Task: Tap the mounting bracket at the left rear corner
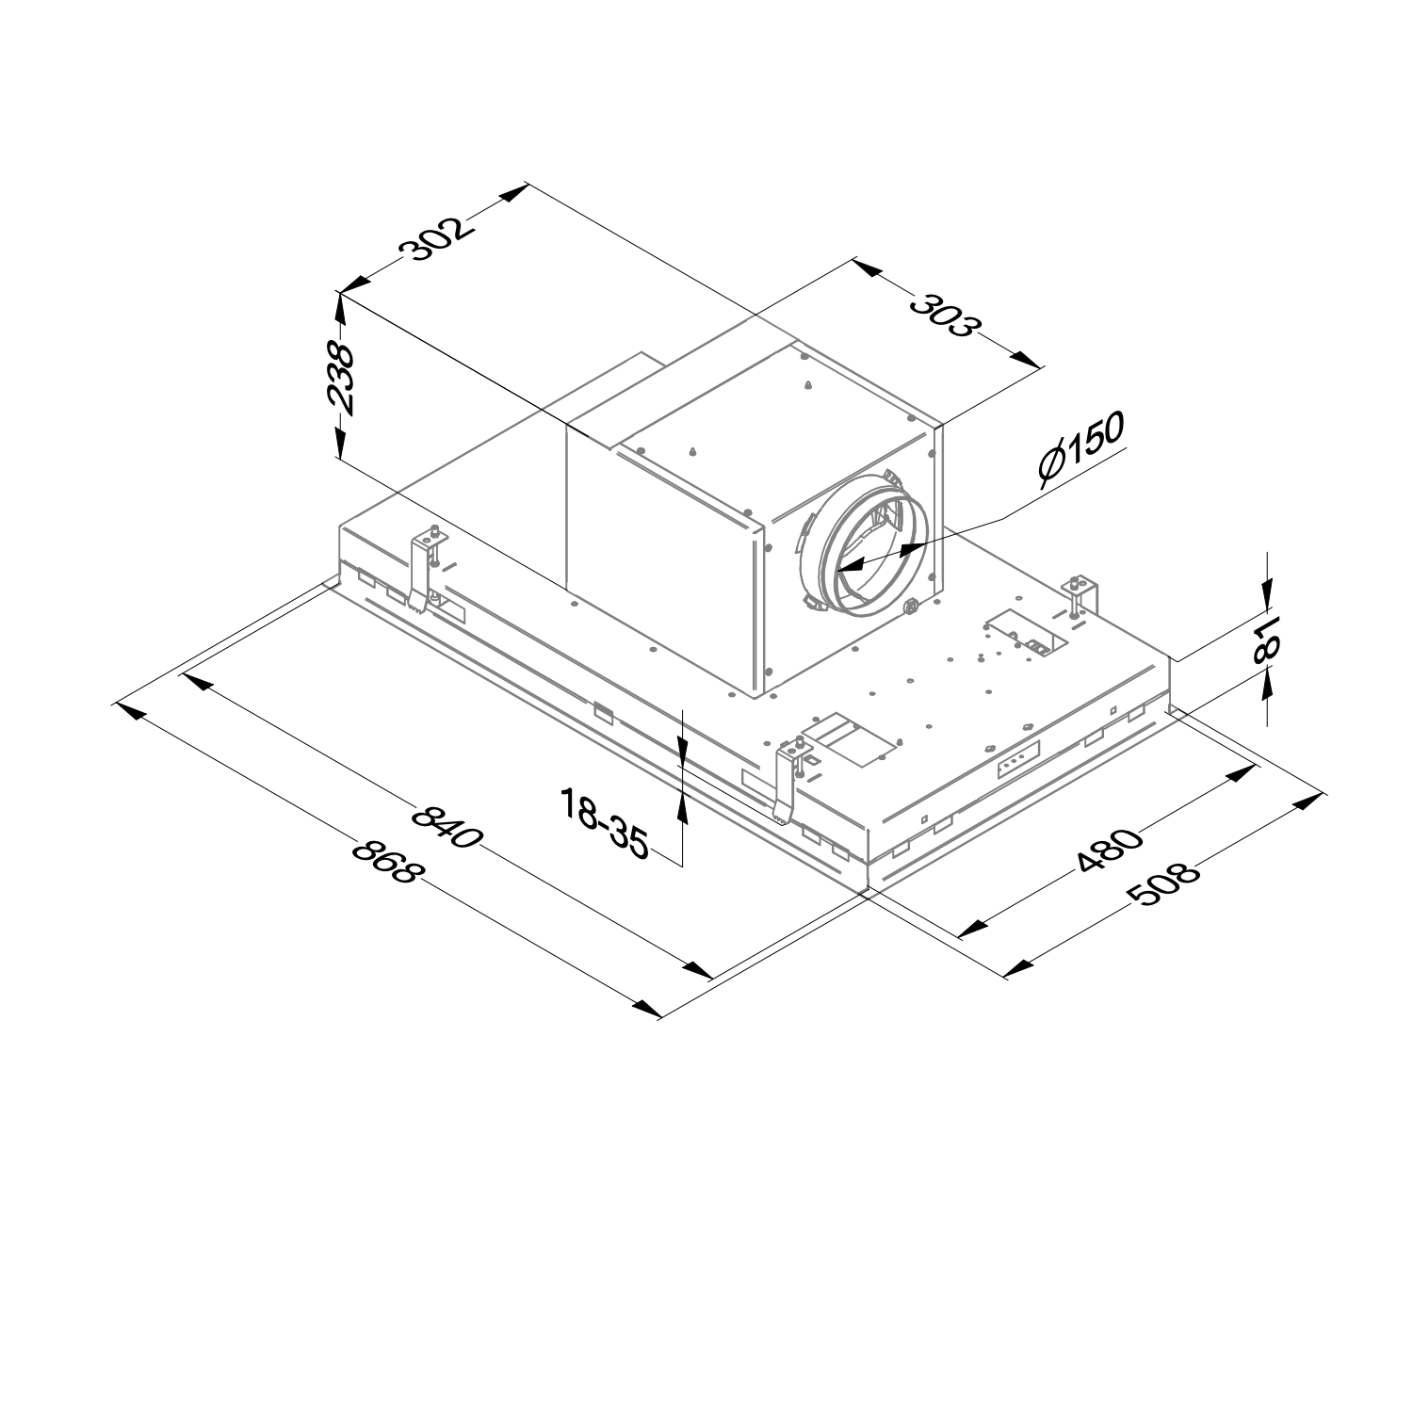point(426,569)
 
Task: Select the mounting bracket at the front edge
point(789,779)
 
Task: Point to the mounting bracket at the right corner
point(1080,595)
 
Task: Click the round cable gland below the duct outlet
point(911,607)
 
